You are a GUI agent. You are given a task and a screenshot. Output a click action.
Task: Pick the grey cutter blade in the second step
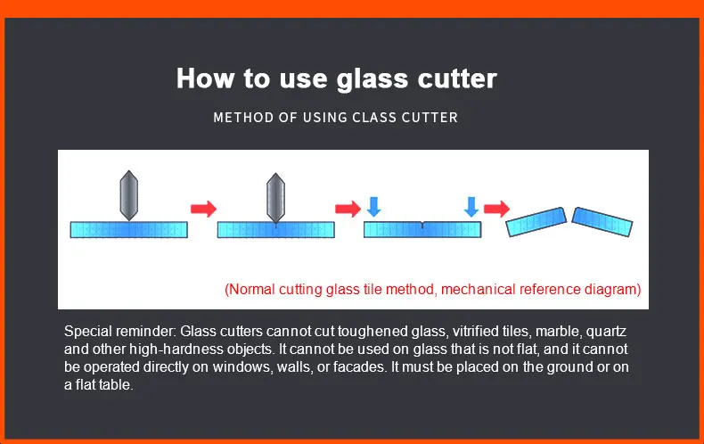[276, 195]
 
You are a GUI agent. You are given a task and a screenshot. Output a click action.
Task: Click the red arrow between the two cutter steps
[204, 209]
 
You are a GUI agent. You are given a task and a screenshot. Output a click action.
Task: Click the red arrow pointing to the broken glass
[496, 209]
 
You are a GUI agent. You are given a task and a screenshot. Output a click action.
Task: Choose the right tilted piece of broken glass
[602, 220]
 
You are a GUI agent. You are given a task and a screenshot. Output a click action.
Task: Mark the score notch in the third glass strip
[422, 225]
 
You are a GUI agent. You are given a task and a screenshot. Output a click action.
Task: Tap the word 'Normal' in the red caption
[252, 289]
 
